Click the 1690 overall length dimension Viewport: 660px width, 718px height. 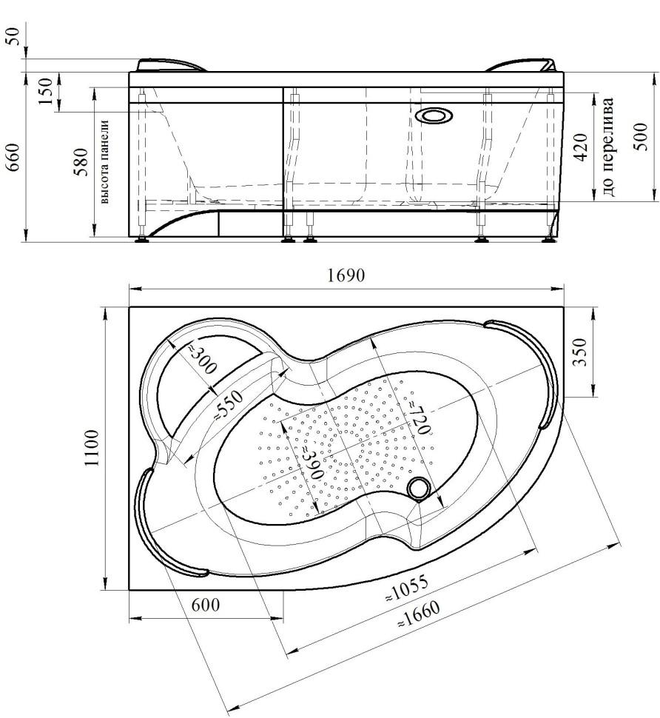coord(346,275)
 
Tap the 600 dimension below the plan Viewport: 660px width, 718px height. coord(205,605)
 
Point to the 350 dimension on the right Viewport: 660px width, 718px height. coord(579,351)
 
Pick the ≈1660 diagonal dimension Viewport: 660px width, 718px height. coord(418,614)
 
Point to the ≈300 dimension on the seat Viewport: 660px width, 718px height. coord(201,359)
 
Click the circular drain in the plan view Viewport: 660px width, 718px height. coord(417,488)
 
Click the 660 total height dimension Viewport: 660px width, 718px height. coord(14,157)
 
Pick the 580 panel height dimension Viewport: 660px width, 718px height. coord(81,163)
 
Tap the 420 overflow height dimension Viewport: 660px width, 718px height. coord(579,147)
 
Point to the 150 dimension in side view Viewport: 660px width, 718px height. coord(45,90)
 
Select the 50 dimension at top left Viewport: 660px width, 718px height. coord(14,36)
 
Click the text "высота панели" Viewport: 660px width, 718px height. coord(105,161)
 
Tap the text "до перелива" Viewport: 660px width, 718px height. coord(607,147)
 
